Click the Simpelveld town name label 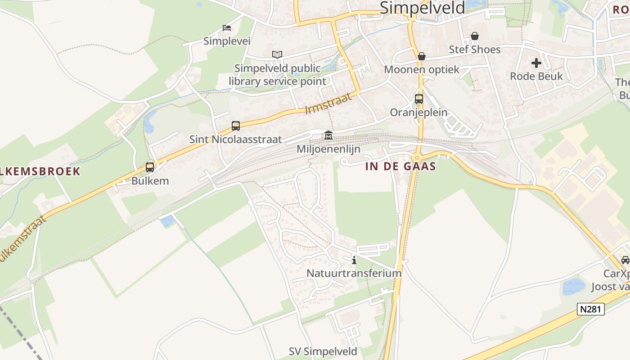422,8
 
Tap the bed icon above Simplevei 227,28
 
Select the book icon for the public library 277,55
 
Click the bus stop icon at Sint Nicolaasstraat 236,126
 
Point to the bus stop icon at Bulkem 150,167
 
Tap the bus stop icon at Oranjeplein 419,99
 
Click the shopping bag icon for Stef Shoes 475,36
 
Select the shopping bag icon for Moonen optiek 422,56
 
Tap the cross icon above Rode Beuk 536,63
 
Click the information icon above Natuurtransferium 354,260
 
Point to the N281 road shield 591,309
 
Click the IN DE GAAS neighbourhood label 400,166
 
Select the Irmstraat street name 328,103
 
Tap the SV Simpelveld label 323,351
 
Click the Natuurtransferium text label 354,273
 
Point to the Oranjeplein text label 418,112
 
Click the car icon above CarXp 625,260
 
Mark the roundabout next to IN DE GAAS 417,157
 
